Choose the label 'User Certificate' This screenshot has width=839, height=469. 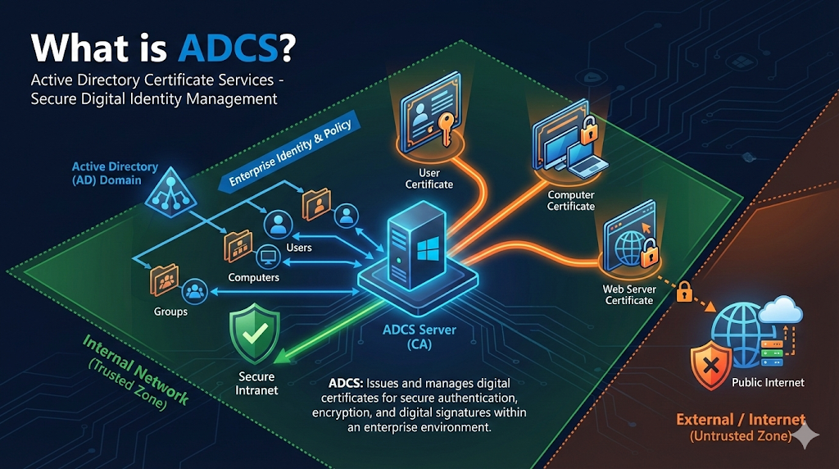pyautogui.click(x=429, y=179)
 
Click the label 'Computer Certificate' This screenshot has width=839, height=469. pyautogui.click(x=571, y=200)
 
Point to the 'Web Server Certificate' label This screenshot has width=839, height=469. pyautogui.click(x=628, y=294)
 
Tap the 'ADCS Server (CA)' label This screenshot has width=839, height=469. pyautogui.click(x=419, y=337)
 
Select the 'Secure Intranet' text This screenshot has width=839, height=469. pyautogui.click(x=256, y=383)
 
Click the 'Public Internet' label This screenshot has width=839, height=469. pyautogui.click(x=767, y=382)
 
